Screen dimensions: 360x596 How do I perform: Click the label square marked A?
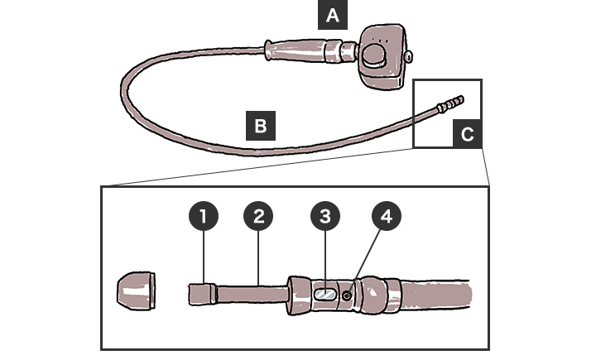point(332,15)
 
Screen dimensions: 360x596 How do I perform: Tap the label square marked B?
point(260,127)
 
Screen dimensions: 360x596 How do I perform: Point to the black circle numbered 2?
point(259,218)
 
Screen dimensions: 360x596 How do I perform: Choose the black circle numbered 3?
point(325,218)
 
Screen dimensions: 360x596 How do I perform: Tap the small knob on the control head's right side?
point(409,56)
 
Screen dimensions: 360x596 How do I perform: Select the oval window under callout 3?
point(325,292)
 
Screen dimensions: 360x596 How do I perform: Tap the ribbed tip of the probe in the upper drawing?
point(455,103)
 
